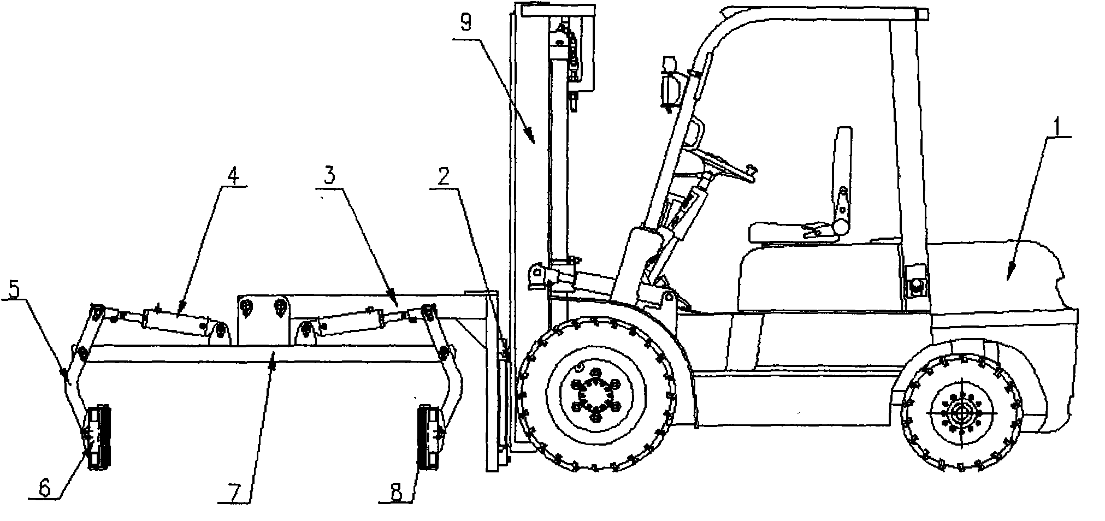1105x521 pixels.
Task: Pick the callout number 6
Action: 45,488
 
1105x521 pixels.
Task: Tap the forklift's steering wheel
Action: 720,162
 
